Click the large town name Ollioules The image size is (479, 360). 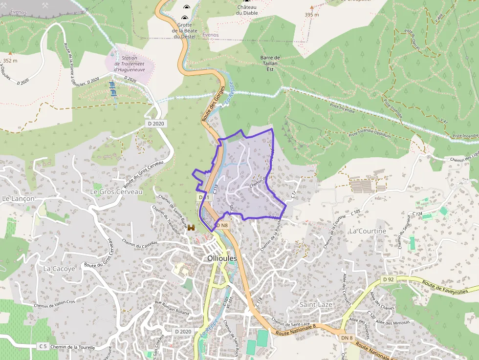(222, 258)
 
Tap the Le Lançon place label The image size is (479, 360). (19, 199)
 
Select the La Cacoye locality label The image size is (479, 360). (59, 269)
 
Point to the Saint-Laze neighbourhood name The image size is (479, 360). (315, 304)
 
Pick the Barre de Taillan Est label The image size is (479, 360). (270, 64)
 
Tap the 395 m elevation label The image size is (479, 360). (312, 15)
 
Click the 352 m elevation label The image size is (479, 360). (10, 61)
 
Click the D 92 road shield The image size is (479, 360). (388, 279)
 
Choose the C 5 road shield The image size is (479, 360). (43, 346)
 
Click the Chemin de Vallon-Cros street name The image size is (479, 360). (55, 304)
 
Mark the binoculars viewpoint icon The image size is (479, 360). (191, 227)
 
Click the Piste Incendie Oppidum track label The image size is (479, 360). (369, 133)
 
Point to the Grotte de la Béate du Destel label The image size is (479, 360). (184, 30)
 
